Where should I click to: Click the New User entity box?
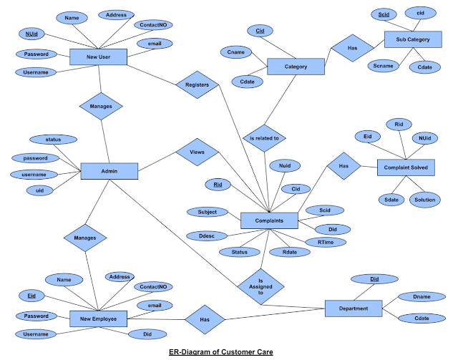point(98,57)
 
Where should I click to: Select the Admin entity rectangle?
point(109,171)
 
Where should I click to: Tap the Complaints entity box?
point(268,221)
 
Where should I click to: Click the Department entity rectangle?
point(353,308)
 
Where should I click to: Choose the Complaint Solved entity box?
point(406,167)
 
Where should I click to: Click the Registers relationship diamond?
point(197,84)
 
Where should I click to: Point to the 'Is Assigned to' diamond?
point(260,287)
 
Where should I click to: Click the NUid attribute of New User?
point(32,34)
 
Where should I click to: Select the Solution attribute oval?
point(424,200)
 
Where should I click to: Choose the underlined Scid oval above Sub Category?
point(384,14)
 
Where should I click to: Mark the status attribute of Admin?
point(53,140)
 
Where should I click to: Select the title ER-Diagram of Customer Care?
point(229,352)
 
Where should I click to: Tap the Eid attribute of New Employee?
point(32,295)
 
